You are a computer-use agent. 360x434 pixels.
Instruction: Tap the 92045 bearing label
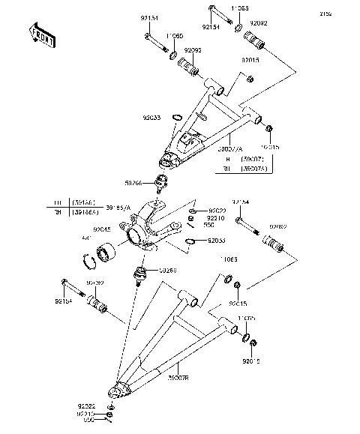click(103, 231)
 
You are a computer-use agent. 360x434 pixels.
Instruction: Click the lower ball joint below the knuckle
click(139, 274)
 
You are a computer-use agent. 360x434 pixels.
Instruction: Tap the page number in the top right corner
click(346, 13)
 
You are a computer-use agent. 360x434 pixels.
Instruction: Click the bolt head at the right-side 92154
click(239, 220)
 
